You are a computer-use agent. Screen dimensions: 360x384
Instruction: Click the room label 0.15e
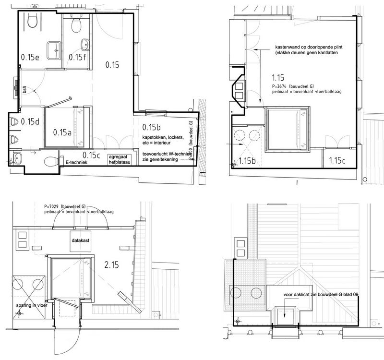click(x=30, y=57)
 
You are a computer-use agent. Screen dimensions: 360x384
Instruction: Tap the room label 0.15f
click(x=77, y=57)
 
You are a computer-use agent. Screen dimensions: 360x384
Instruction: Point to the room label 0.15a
click(x=62, y=132)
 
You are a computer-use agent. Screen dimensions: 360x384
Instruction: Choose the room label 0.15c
click(x=91, y=155)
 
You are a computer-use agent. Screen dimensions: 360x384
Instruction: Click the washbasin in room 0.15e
click(x=53, y=47)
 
